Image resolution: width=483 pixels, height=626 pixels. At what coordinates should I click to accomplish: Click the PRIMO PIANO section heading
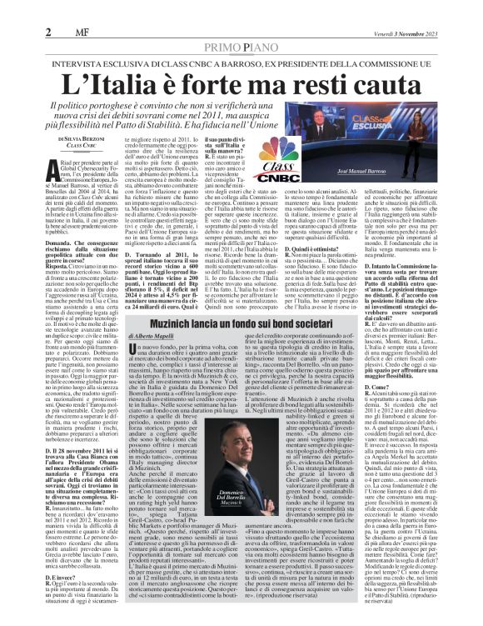241,25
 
